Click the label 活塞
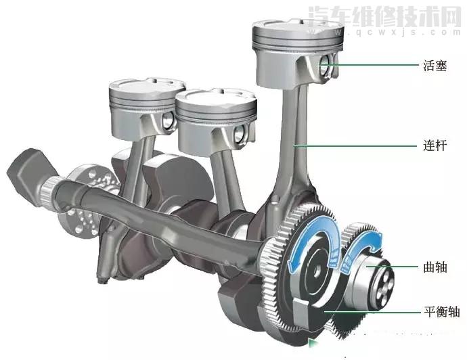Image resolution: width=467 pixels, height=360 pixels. (435, 66)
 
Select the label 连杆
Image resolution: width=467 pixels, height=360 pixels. (435, 145)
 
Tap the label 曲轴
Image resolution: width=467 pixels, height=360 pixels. (435, 267)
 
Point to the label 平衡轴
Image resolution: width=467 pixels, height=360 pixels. (442, 312)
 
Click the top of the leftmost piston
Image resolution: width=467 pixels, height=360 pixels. (147, 85)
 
